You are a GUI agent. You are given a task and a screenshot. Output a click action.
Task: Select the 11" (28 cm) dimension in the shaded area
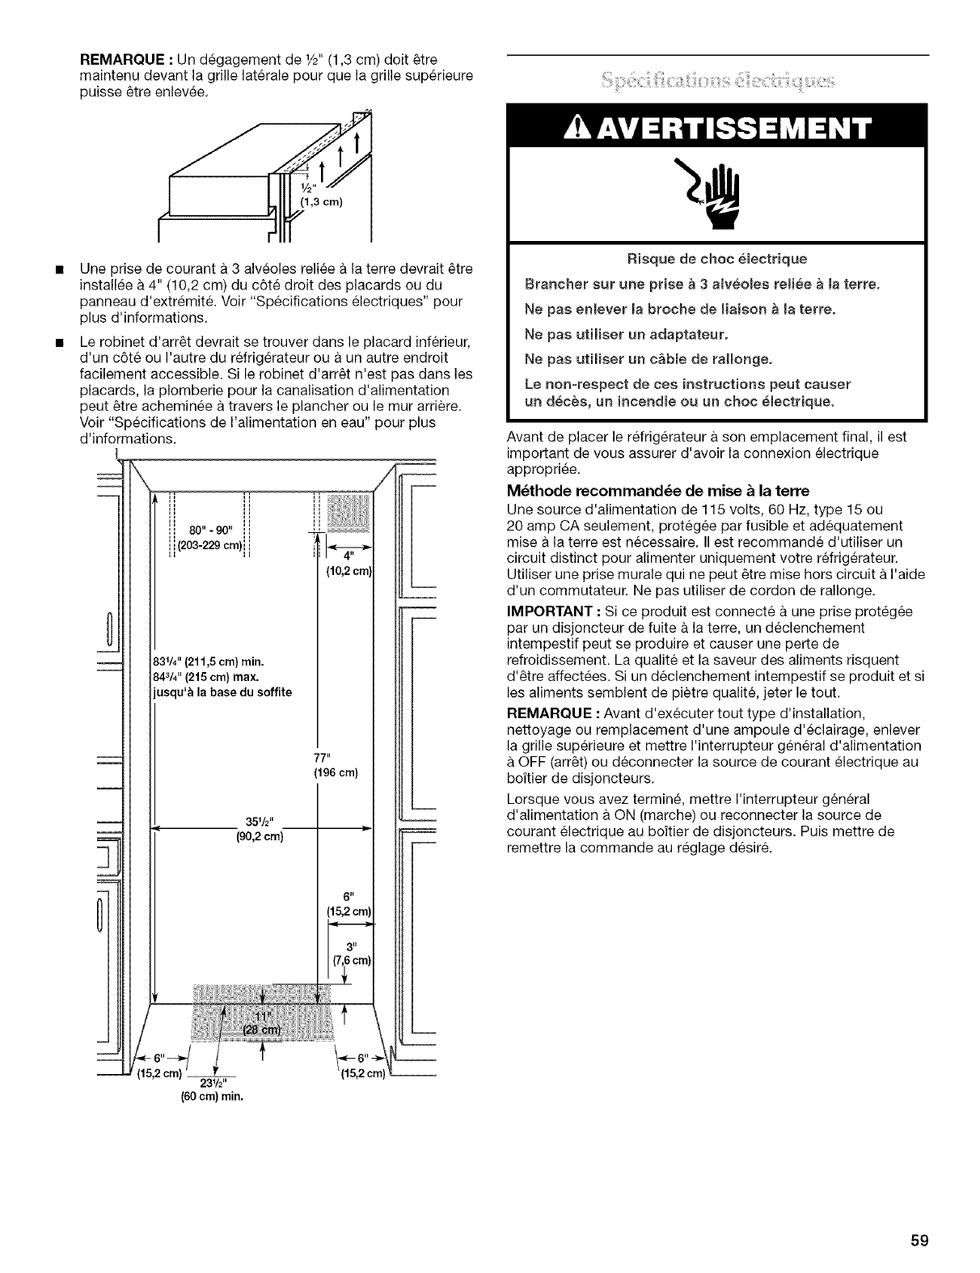260,1021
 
